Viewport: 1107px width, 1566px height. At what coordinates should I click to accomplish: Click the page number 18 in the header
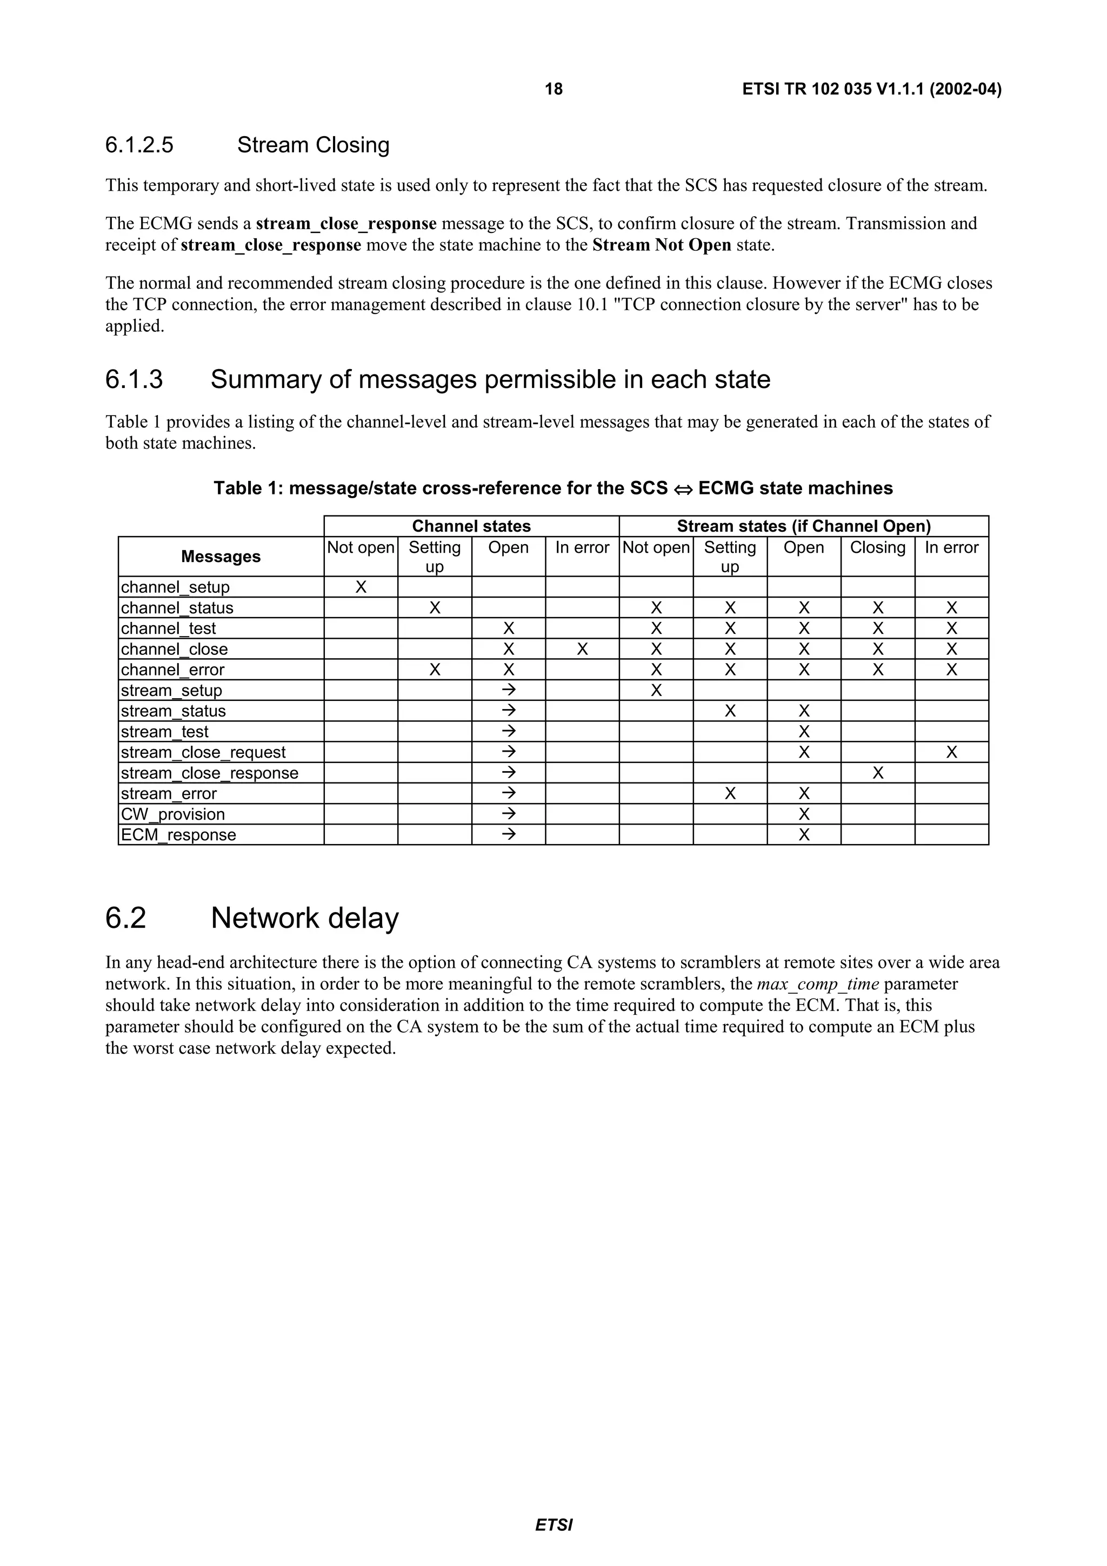point(553,89)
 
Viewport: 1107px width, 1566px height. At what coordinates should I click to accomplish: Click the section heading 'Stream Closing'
point(313,145)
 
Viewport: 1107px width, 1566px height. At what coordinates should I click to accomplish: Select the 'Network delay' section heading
point(304,918)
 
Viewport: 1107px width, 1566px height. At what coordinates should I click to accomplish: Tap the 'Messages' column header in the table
point(221,557)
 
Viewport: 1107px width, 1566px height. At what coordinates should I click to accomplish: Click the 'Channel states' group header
point(471,526)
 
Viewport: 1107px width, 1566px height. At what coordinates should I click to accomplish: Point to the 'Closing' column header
point(877,548)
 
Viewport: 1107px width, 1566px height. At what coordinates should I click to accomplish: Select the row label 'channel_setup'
point(175,587)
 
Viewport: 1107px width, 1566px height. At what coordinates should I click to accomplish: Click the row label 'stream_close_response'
point(209,773)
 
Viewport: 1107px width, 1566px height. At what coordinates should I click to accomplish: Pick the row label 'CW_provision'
point(172,814)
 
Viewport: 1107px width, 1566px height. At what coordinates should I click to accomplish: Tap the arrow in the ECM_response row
point(508,835)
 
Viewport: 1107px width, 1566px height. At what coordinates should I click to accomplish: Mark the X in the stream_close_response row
point(878,773)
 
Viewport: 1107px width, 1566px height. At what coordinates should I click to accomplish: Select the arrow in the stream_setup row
point(508,690)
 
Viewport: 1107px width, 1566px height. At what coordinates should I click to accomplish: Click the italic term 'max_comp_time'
point(818,984)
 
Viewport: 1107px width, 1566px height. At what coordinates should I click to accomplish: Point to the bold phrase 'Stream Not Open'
point(662,245)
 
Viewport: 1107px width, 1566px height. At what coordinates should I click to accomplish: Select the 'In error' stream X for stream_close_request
point(951,752)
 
